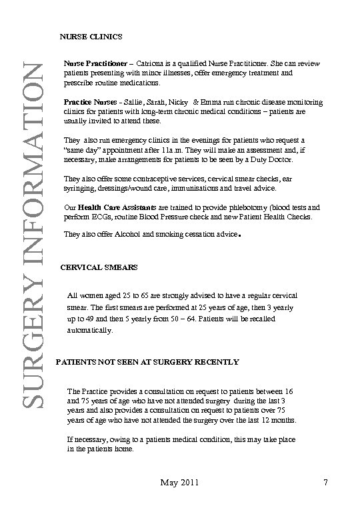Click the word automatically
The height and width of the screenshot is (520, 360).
91,330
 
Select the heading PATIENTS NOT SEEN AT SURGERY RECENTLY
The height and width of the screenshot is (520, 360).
147,362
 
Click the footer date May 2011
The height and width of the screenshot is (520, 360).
179,481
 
